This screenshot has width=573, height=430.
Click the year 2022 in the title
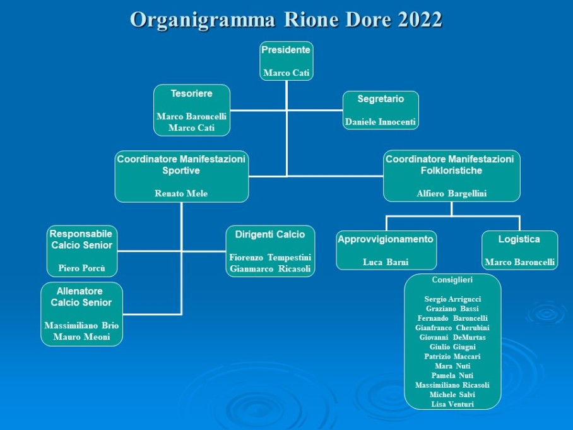coord(420,19)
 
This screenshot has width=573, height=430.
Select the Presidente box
coord(286,61)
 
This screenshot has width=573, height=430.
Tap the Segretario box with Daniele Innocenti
coord(381,110)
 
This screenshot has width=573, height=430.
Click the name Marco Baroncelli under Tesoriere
coord(191,116)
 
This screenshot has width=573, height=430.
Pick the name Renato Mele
coord(181,193)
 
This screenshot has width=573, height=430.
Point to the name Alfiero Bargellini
coord(452,193)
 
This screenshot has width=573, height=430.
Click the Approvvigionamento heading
coord(386,239)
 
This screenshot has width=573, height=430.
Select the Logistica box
coord(519,251)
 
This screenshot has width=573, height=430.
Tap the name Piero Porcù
coord(82,268)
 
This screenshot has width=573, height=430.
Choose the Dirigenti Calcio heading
coord(270,234)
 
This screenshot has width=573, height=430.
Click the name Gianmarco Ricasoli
coord(270,269)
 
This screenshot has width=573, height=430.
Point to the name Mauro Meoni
coord(81,337)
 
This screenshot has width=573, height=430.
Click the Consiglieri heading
coord(452,280)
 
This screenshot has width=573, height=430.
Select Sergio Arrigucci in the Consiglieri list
coord(452,299)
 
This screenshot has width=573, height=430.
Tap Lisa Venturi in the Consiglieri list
coord(452,404)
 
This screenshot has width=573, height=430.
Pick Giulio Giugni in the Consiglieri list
coord(452,347)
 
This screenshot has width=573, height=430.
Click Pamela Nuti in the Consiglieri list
coord(452,376)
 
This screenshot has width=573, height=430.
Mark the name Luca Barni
coord(386,262)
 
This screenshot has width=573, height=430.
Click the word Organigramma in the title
coord(203,20)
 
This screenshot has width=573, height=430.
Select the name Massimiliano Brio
coord(81,325)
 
